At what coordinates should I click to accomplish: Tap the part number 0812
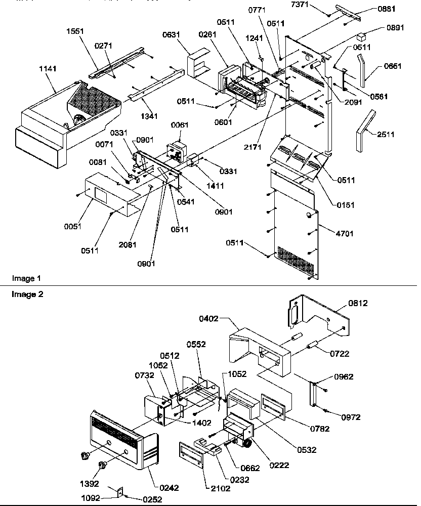pyautogui.click(x=357, y=303)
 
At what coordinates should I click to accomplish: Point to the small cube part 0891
pyautogui.click(x=361, y=37)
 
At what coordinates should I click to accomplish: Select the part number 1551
pyautogui.click(x=76, y=31)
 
